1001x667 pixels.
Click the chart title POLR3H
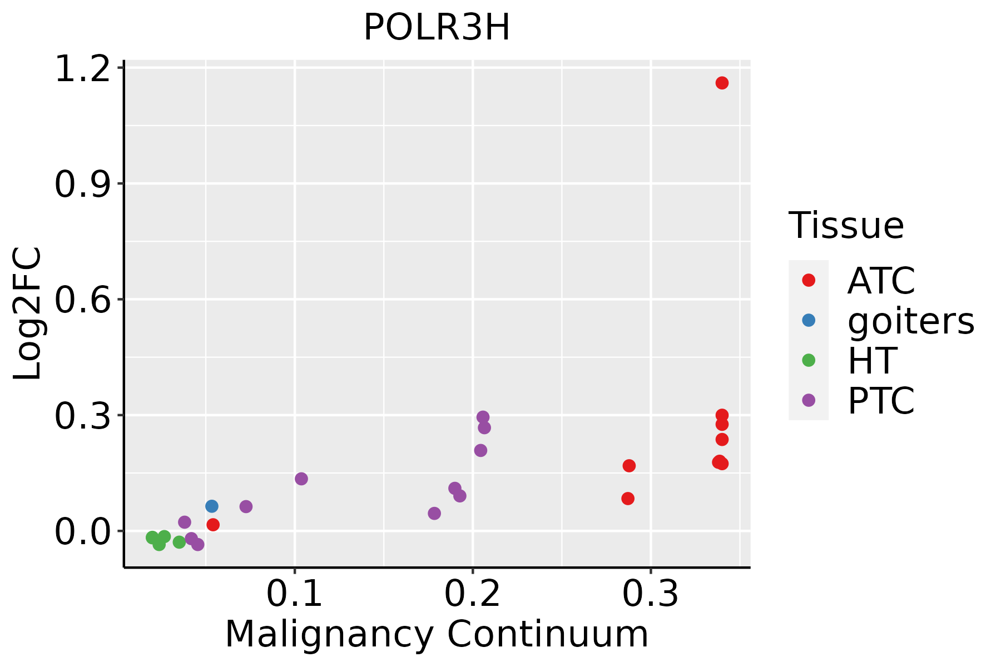click(437, 28)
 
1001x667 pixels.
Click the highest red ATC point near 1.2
click(722, 83)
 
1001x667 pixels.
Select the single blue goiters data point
click(212, 506)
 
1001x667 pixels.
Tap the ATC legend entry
click(881, 281)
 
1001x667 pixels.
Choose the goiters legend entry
click(910, 321)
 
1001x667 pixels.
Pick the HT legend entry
click(871, 361)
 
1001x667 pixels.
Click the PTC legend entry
click(881, 401)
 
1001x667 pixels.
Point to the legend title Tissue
click(846, 226)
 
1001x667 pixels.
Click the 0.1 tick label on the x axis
click(295, 594)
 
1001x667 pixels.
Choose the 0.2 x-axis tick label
click(473, 594)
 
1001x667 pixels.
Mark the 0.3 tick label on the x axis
click(650, 594)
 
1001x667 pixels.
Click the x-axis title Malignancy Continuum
click(437, 634)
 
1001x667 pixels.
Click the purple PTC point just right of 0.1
click(301, 479)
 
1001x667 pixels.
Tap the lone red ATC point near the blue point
click(213, 525)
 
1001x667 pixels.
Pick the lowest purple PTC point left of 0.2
click(434, 513)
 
